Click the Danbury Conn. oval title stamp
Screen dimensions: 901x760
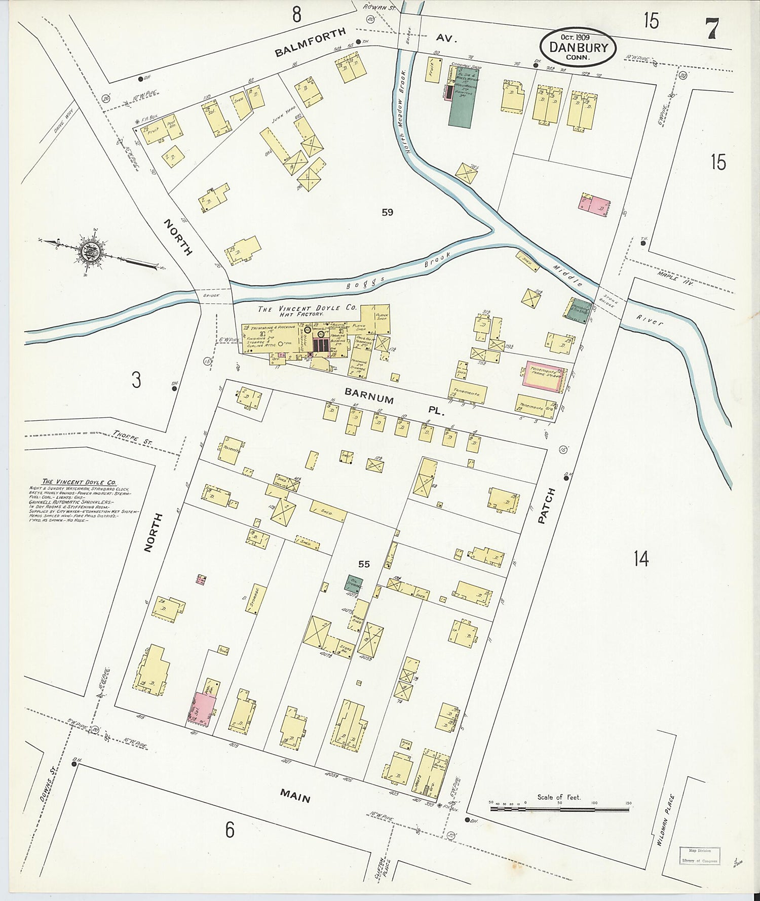(578, 47)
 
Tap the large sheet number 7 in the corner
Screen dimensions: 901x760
(712, 28)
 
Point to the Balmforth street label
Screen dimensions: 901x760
(311, 43)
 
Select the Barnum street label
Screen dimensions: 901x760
(369, 396)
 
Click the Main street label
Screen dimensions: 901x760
(295, 797)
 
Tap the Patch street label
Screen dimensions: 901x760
(547, 506)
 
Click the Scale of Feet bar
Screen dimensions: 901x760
(559, 809)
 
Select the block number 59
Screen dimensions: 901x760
(387, 212)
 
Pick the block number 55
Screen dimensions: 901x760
(364, 564)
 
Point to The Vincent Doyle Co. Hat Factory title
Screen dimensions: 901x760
(307, 310)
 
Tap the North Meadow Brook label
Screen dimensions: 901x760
(403, 104)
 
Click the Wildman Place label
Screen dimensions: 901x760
(665, 820)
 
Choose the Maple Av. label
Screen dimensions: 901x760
(675, 277)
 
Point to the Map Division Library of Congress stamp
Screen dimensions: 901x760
(699, 855)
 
